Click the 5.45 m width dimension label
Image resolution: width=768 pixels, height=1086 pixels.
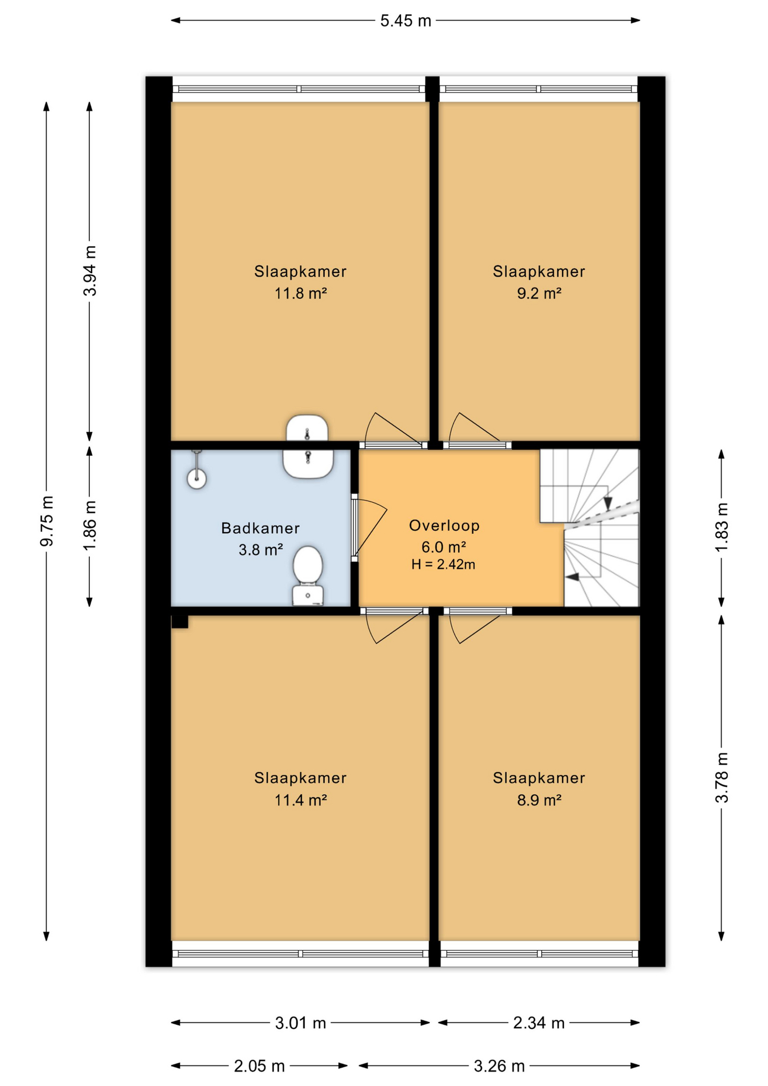click(405, 21)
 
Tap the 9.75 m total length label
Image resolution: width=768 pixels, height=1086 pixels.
click(47, 521)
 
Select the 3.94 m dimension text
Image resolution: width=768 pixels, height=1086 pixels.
click(90, 271)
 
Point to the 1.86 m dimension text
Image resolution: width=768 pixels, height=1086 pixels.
click(90, 525)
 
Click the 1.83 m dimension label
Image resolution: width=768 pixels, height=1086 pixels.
click(722, 527)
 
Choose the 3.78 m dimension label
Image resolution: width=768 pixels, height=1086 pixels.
click(722, 778)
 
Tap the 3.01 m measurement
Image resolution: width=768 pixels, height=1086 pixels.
click(300, 1023)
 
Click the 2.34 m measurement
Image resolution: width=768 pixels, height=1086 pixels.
click(539, 1023)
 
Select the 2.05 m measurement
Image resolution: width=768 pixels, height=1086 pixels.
click(259, 1066)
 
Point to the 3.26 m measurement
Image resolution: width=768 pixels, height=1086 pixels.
click(499, 1066)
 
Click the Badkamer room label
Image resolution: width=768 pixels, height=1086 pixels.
click(260, 528)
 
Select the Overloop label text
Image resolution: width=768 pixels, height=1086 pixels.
click(445, 525)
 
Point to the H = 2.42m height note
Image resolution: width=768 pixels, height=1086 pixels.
click(443, 564)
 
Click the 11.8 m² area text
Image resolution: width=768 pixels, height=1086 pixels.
click(301, 293)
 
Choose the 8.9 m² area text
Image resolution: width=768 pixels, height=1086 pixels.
click(539, 800)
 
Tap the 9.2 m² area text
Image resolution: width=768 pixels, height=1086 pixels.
click(539, 293)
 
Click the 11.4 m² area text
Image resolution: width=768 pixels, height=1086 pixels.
click(301, 800)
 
